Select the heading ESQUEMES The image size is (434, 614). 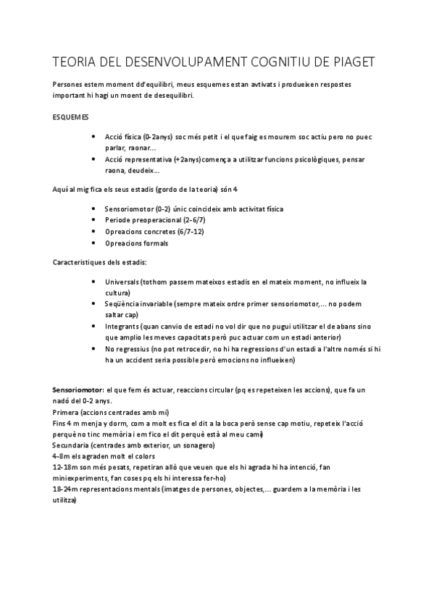72,116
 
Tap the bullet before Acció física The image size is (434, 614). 96,137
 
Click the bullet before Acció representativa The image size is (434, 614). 96,159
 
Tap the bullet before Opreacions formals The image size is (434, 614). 96,243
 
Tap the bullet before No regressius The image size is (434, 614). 96,348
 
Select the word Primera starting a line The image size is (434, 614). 66,413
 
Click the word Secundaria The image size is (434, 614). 72,445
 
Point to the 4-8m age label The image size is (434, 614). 62,457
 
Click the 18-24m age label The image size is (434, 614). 66,490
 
